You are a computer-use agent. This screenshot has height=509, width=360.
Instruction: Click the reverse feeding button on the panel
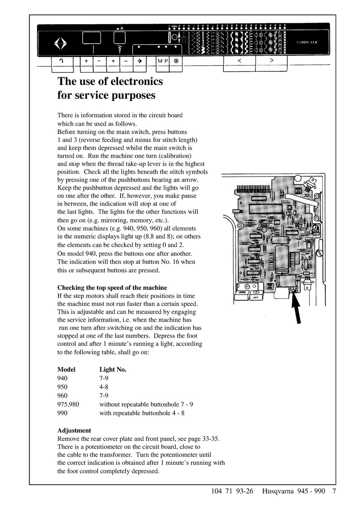pyautogui.click(x=62, y=61)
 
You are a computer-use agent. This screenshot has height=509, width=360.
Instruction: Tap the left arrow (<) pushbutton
pyautogui.click(x=239, y=61)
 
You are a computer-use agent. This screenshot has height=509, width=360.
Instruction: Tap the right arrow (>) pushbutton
pyautogui.click(x=271, y=61)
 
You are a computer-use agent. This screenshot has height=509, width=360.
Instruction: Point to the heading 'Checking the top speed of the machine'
pyautogui.click(x=112, y=288)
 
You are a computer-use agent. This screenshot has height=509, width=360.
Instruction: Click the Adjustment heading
pyautogui.click(x=74, y=430)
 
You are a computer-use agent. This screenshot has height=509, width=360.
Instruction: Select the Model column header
pyautogui.click(x=66, y=370)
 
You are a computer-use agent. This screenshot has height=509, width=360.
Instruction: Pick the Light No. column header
pyautogui.click(x=113, y=370)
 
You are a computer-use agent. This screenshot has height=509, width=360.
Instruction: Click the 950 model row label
pyautogui.click(x=63, y=387)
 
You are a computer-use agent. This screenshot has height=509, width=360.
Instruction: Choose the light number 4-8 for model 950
pyautogui.click(x=104, y=387)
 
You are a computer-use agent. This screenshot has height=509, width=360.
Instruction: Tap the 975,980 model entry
pyautogui.click(x=68, y=404)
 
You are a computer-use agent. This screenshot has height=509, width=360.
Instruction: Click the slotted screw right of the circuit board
pyautogui.click(x=320, y=253)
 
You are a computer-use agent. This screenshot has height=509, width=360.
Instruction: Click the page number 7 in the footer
pyautogui.click(x=334, y=491)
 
